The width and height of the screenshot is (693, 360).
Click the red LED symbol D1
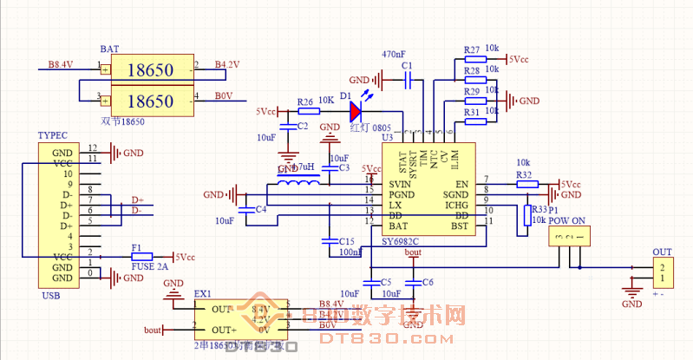point(356,111)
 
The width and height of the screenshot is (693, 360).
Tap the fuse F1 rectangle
point(141,257)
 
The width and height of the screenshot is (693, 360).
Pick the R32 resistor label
point(524,174)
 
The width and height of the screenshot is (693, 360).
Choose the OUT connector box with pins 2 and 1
point(662,273)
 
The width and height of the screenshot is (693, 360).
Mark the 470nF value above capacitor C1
point(395,54)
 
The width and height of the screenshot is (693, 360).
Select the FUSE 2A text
point(148,267)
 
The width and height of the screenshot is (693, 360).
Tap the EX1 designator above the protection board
point(203,295)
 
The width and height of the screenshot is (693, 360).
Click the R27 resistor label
point(473,49)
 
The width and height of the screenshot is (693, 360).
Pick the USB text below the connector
point(50,296)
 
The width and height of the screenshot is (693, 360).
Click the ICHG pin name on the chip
point(456,206)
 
